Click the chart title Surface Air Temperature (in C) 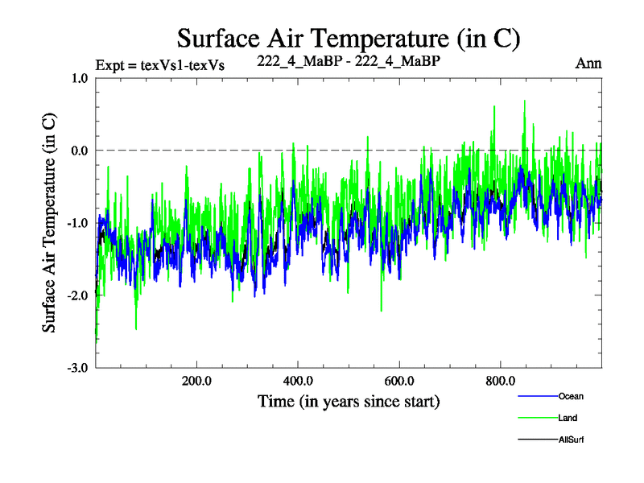click(349, 38)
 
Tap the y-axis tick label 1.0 click(79, 78)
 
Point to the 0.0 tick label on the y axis click(79, 151)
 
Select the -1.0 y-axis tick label click(76, 223)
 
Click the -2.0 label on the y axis click(76, 295)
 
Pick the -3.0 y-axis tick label click(76, 368)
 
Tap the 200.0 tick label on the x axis click(196, 380)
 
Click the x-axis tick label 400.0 click(298, 380)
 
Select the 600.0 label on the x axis click(399, 380)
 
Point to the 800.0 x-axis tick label click(501, 380)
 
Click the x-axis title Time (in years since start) click(349, 400)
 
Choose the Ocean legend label click(571, 396)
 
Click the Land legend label click(568, 418)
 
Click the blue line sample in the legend click(536, 396)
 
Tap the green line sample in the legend click(536, 418)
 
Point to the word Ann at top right click(588, 64)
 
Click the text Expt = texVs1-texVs click(159, 64)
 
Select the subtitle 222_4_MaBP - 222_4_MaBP click(349, 60)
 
